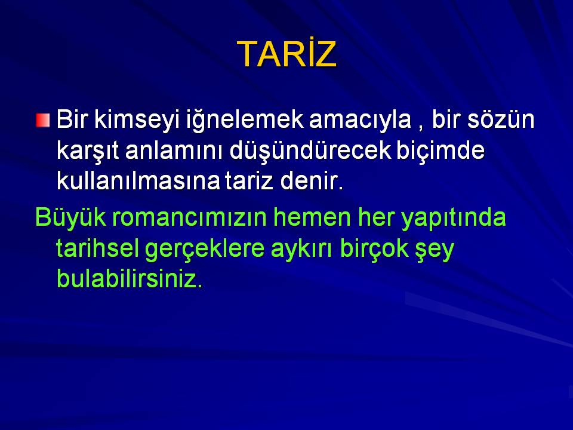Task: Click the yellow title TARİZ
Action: click(287, 53)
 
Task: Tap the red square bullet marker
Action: click(43, 120)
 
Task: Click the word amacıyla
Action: click(361, 120)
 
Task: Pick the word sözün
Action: click(501, 119)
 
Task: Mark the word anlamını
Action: click(174, 150)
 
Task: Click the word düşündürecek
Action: click(310, 150)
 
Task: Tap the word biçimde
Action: click(440, 150)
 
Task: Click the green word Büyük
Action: click(70, 218)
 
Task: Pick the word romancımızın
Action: click(189, 217)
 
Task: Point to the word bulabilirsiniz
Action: click(130, 279)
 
